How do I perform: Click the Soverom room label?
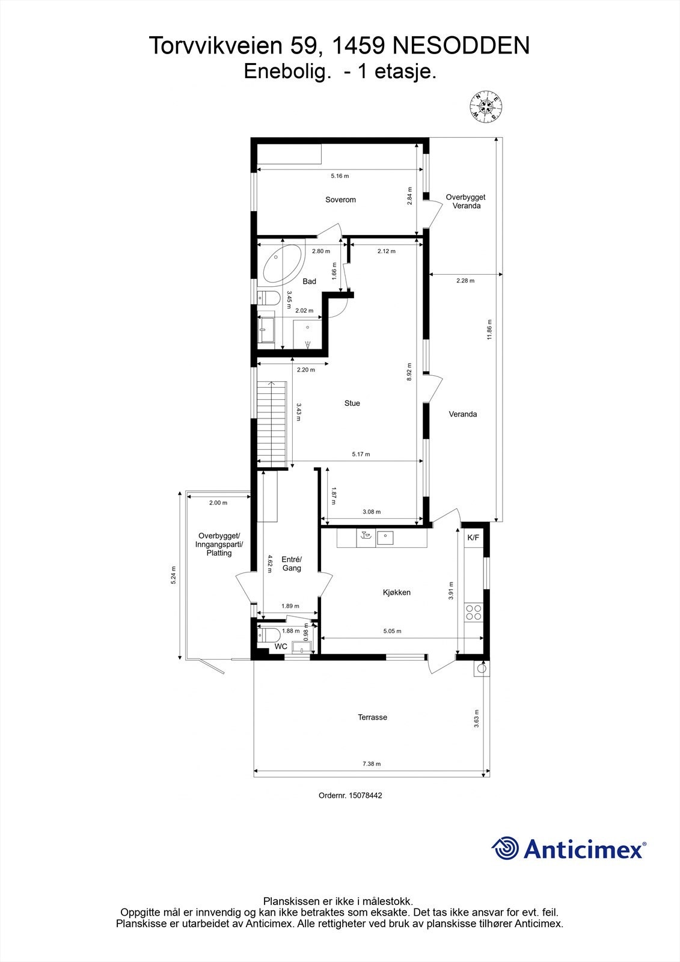[340, 200]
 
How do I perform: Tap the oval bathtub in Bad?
[282, 264]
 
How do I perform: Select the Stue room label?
[352, 403]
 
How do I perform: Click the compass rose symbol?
[486, 106]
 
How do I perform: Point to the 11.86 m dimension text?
[490, 329]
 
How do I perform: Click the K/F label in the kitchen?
[473, 538]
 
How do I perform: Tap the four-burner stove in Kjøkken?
[473, 612]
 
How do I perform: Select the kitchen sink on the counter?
[385, 537]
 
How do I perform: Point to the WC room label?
[281, 646]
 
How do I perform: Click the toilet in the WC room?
[268, 634]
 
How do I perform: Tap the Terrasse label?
[372, 717]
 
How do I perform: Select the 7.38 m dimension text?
[371, 764]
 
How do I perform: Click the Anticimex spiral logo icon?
[505, 848]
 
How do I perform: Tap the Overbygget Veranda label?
[465, 201]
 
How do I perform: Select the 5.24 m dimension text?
[174, 575]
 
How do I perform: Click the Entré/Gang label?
[292, 563]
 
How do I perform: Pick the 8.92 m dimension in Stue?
[409, 371]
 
